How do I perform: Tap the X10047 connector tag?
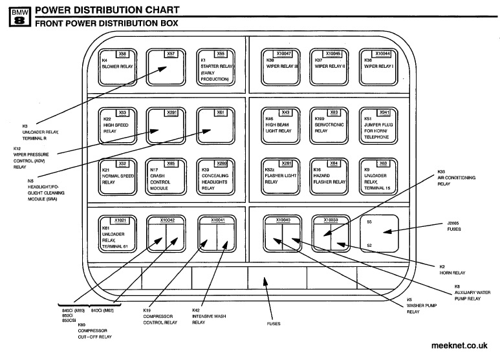tap(284, 54)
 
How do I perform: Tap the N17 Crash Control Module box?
tap(171, 178)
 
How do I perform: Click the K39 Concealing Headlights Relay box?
tap(221, 178)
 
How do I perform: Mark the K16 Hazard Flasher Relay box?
tap(334, 178)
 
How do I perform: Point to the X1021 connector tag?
tap(122, 220)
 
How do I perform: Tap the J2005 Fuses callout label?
tap(453, 226)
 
